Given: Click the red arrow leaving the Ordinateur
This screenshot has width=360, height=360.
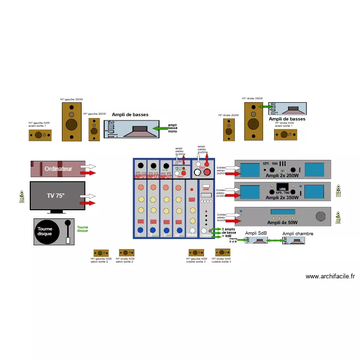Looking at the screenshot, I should tap(88, 172).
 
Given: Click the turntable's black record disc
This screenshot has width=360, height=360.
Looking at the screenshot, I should tap(48, 232).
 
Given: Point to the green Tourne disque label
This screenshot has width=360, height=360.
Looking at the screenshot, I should tap(83, 229).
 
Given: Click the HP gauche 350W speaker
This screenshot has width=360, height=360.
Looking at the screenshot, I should tap(72, 121).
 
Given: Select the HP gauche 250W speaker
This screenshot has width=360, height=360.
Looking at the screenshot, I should tap(94, 129).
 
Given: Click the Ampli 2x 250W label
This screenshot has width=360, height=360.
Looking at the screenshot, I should tap(283, 176).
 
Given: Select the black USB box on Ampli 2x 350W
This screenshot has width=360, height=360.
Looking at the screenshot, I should tap(282, 189).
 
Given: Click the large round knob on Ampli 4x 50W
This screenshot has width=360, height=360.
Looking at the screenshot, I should tap(320, 217).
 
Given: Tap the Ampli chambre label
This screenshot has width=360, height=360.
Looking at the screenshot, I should tap(298, 234).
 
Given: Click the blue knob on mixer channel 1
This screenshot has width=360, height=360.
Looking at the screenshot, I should tap(141, 230).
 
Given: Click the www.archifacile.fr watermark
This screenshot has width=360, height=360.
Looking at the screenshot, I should tap(330, 276).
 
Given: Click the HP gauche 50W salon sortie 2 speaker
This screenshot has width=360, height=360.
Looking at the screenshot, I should tap(100, 253).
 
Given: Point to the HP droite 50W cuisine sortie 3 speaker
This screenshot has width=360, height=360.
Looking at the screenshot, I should tap(222, 252).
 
